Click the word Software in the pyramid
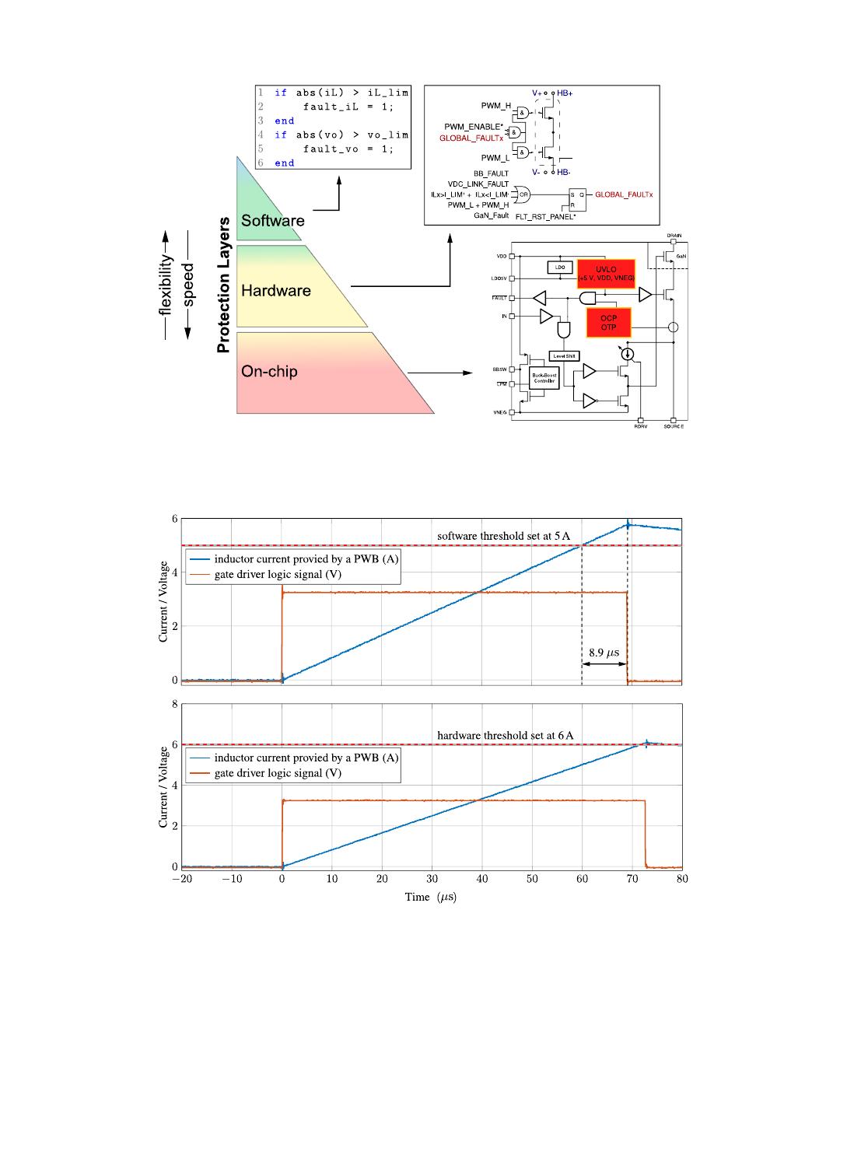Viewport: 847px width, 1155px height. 272,221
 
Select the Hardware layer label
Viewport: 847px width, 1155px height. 275,291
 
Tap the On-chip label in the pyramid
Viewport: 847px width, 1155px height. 269,372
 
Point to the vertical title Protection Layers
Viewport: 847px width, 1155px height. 224,285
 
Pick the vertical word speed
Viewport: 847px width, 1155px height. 187,285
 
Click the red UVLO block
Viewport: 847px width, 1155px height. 605,273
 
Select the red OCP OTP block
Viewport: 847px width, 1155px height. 608,323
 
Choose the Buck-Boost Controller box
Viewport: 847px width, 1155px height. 544,379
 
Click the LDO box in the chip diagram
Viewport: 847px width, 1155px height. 559,267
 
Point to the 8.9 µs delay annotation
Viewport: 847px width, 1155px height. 604,653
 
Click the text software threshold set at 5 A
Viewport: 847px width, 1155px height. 503,536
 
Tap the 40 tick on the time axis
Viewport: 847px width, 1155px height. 482,879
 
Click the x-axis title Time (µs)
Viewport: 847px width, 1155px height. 430,897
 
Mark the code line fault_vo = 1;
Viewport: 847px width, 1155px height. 348,149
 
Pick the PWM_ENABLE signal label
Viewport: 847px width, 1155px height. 474,126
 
